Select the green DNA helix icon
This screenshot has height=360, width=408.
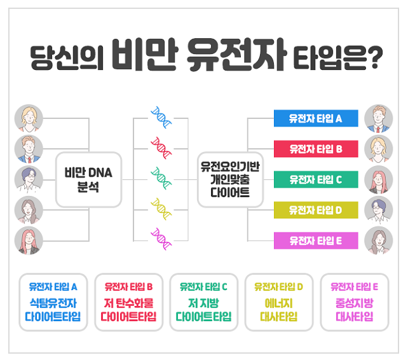160,179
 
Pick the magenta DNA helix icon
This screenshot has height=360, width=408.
160,239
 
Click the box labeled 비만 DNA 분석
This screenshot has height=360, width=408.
88,179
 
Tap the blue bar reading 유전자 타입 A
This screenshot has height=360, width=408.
316,118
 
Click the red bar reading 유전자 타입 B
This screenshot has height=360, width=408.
316,149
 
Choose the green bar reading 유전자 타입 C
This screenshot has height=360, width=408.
316,179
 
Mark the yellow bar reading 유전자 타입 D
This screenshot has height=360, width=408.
316,209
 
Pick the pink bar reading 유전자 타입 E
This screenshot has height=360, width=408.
316,240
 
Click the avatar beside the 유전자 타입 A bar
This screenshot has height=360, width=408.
379,118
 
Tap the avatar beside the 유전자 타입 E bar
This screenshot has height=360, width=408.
379,241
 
